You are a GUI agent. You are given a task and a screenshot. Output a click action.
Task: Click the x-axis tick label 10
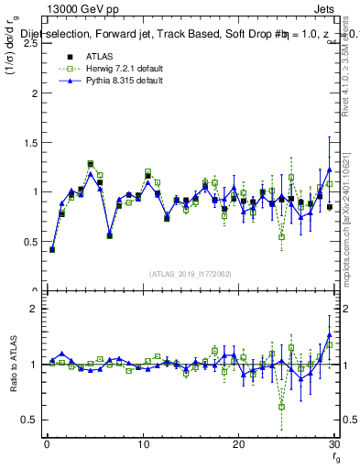click(x=142, y=444)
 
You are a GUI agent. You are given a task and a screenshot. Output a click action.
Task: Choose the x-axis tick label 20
click(x=238, y=444)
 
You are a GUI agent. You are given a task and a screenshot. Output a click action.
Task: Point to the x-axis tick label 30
click(x=333, y=444)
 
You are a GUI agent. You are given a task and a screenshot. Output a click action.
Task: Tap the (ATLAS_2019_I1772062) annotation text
click(x=189, y=273)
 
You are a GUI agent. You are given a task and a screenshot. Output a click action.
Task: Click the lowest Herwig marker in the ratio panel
click(x=282, y=407)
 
